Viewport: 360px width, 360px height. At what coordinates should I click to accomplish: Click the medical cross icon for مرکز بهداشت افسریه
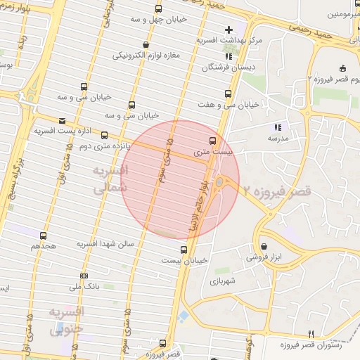coord(229,30)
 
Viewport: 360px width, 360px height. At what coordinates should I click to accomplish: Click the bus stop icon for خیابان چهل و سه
coord(158,9)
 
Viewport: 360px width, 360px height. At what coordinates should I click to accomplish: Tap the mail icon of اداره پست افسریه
coord(63,121)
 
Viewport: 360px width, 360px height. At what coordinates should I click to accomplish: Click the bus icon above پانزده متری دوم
coord(105,135)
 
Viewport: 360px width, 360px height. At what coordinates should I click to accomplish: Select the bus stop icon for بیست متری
coord(214,141)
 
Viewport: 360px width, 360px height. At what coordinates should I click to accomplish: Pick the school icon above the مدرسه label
coord(278,127)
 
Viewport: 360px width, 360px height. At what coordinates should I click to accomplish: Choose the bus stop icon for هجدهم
coord(44,236)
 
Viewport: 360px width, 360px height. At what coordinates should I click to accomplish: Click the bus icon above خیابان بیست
coord(184,249)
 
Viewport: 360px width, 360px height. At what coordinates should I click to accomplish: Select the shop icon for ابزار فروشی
coord(264,247)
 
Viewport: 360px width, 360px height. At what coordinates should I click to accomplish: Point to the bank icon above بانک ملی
coord(84,276)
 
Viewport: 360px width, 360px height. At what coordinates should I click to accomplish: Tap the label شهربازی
coord(224,281)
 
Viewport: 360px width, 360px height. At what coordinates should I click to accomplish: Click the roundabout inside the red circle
coord(219,183)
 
